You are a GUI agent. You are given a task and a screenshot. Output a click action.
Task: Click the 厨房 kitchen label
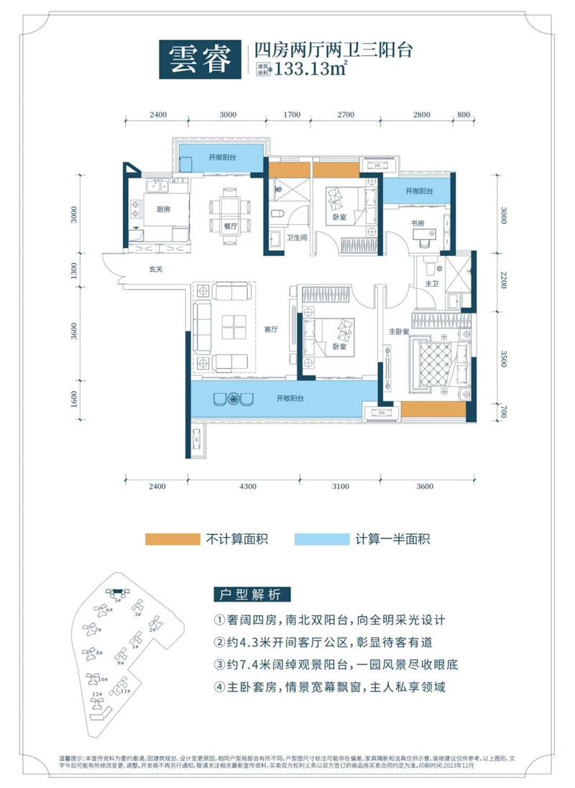tap(162, 210)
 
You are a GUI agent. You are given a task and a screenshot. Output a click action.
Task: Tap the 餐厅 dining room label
tap(230, 225)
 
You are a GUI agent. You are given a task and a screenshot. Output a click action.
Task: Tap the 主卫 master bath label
tap(432, 284)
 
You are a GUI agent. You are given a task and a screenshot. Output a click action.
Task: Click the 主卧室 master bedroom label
tap(399, 331)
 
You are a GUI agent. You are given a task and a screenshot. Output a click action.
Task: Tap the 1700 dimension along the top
tap(292, 114)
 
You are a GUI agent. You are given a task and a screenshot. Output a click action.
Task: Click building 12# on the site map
tap(95, 695)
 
